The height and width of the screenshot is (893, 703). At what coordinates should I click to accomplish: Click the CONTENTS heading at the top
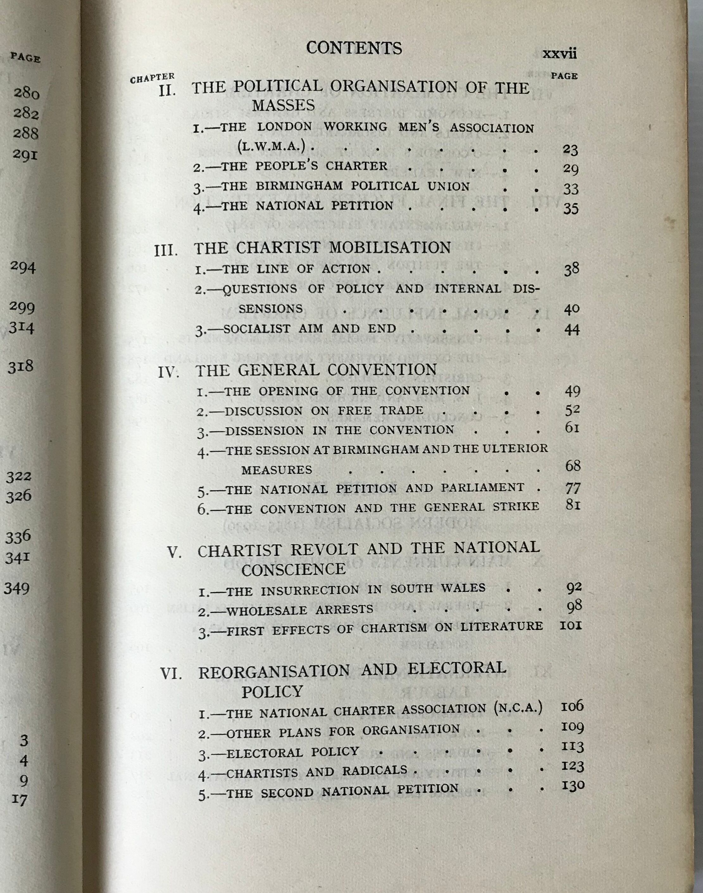point(354,48)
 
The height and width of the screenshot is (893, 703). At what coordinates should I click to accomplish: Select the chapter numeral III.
point(166,251)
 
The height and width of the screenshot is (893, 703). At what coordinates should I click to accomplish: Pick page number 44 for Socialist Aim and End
point(572,330)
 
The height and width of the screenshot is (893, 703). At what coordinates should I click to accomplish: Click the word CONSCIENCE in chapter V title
point(293,569)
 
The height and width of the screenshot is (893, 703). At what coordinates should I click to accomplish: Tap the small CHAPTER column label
point(152,78)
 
